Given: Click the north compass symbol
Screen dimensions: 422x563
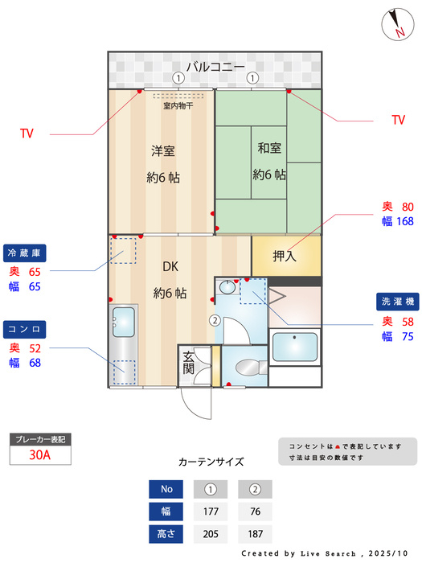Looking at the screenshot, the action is [398, 24].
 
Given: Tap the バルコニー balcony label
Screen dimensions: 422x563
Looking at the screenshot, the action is [215, 67].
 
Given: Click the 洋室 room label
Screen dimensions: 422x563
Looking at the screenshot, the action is [163, 151].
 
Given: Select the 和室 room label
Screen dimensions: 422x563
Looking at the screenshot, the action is [269, 148].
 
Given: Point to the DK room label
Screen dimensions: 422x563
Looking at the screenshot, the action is [170, 266].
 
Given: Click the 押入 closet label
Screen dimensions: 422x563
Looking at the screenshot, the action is [285, 256].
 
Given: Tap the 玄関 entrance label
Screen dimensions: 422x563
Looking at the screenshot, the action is [189, 363].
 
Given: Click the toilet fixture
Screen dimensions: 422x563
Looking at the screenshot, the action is [251, 368].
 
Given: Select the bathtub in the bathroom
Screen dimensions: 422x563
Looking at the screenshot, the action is [295, 347].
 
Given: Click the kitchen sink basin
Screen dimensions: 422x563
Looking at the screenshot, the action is [124, 322].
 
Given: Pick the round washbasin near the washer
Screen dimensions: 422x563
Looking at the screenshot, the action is [227, 287].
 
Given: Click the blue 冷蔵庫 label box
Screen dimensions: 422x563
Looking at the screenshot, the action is [24, 253].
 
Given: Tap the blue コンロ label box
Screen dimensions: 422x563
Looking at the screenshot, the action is [24, 329].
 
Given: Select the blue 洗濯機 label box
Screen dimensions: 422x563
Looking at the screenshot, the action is [398, 302].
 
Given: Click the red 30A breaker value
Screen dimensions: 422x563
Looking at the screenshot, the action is [40, 455].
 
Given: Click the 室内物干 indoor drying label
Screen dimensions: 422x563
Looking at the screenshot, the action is [178, 105].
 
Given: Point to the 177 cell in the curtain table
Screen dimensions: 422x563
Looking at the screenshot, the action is [211, 512].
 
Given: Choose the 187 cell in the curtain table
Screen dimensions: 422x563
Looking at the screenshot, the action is [255, 534].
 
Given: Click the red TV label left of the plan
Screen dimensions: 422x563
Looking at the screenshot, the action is [27, 134].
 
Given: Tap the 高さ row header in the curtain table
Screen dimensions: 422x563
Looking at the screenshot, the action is [166, 534].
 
